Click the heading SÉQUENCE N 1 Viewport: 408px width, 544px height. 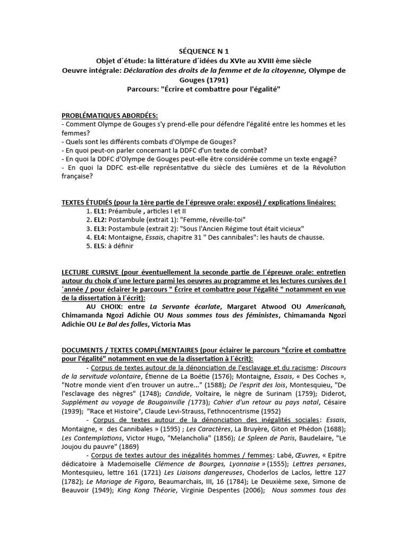(x=204, y=52)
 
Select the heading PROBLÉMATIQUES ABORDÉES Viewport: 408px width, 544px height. (x=110, y=115)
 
